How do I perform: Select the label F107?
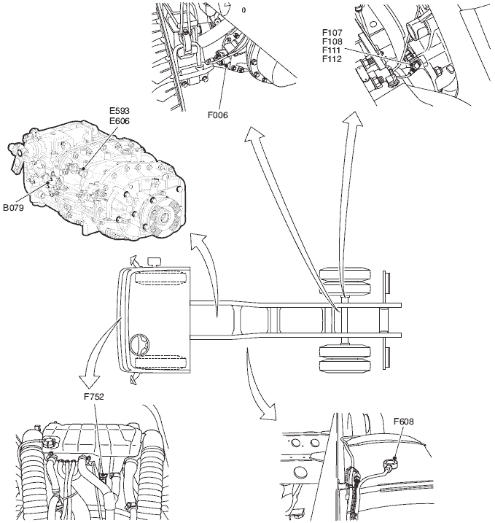point(332,32)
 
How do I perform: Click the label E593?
point(118,111)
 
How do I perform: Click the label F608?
point(405,421)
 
